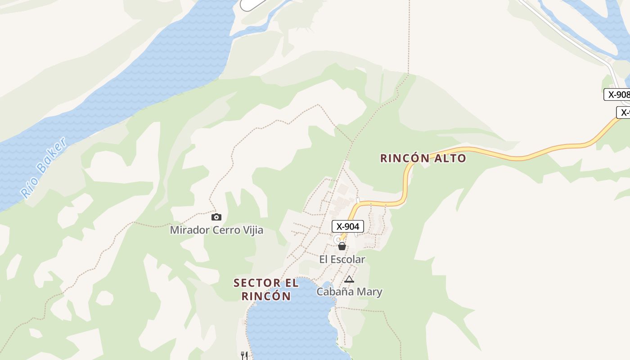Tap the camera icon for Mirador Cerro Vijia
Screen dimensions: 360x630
tap(216, 217)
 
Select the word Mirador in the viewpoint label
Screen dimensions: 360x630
tap(189, 230)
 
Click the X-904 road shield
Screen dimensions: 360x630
tap(347, 226)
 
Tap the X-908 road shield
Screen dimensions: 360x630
tap(617, 94)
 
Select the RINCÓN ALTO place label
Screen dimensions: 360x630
tap(423, 158)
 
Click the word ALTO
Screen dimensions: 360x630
tap(450, 158)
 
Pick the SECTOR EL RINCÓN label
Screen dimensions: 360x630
tap(266, 289)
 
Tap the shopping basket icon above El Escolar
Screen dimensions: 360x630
tap(342, 246)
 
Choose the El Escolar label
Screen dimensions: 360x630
tap(342, 259)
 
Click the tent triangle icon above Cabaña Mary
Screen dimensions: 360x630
tap(349, 279)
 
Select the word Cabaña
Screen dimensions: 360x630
tap(332, 292)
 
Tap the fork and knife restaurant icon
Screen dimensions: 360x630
tap(244, 355)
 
